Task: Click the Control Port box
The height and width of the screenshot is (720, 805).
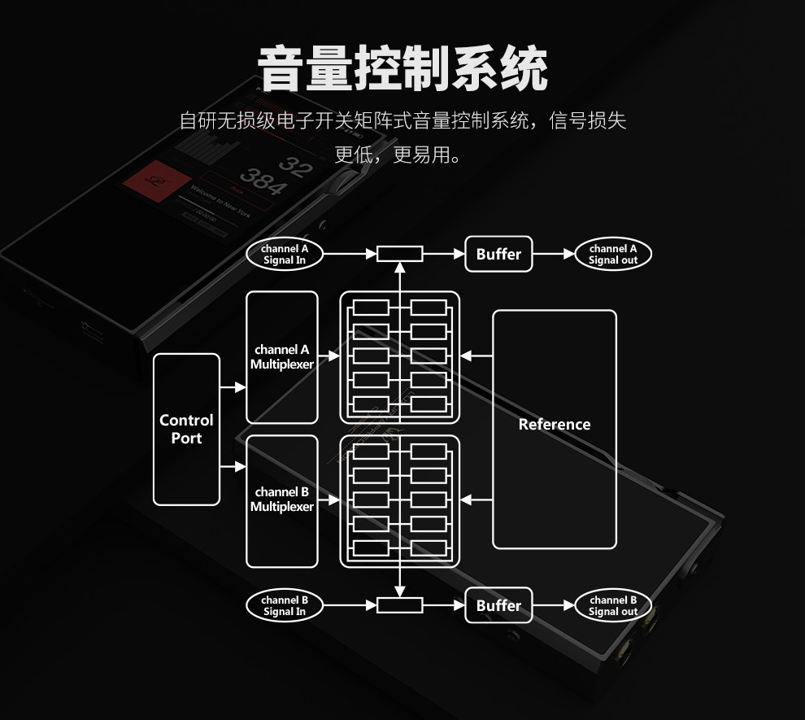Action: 186,429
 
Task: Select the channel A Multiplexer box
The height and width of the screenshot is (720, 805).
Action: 281,357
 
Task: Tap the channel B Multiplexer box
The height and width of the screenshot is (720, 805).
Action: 281,500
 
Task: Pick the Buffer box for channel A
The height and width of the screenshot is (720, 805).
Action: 498,254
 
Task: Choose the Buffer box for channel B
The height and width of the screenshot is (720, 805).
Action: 498,605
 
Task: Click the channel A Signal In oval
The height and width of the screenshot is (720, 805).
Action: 285,254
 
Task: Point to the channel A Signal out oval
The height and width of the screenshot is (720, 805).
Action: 613,254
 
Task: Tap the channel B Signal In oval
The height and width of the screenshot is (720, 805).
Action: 285,606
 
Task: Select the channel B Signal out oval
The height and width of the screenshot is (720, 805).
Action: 613,606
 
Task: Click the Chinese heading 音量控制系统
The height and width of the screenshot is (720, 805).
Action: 402,68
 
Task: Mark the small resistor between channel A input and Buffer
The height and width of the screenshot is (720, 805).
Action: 399,254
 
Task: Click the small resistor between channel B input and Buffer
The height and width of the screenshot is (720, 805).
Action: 399,605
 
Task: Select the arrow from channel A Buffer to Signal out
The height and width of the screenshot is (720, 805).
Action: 554,254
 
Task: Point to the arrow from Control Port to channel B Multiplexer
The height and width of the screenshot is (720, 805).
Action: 233,466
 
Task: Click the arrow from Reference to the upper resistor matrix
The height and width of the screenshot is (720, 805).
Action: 476,356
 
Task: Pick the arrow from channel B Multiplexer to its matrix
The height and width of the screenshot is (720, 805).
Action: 329,499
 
